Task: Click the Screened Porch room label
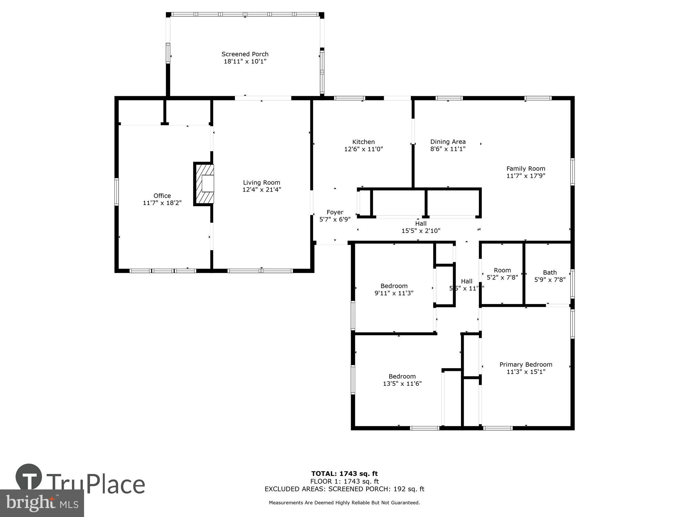245,54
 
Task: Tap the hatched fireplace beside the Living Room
204,184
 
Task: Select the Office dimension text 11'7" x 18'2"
162,203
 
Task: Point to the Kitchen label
363,142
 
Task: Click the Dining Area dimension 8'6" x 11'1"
448,149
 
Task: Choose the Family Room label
526,169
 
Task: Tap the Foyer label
335,212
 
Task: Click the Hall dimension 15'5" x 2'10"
421,231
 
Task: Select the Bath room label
550,272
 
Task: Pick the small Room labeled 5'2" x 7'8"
502,274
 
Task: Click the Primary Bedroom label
526,364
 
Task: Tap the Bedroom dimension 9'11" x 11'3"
394,293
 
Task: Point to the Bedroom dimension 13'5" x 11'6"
402,384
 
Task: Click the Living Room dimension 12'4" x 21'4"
261,190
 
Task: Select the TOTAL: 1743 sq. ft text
344,474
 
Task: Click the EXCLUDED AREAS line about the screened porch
344,489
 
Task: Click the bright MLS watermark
42,503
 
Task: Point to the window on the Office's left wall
116,192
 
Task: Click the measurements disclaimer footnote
344,503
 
